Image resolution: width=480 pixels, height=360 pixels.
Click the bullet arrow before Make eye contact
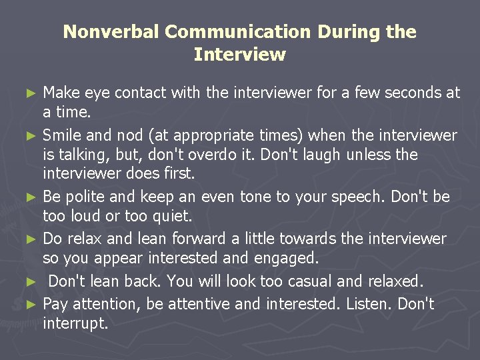(35, 93)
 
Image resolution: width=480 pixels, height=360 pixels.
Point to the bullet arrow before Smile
(35, 136)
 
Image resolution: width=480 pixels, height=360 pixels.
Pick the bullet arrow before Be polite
(35, 197)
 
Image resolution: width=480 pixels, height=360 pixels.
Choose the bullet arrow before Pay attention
(35, 305)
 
